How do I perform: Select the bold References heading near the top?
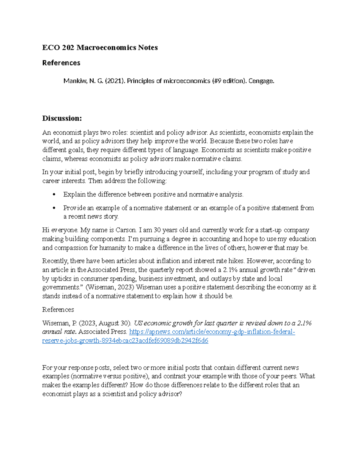[x=61, y=63]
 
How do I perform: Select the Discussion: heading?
[x=62, y=118]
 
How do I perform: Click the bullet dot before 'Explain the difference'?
[x=54, y=195]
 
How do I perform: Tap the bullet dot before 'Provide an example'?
[x=54, y=208]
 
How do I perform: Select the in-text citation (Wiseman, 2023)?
[x=110, y=287]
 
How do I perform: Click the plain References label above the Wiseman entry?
[x=58, y=310]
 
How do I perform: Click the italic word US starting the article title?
[x=138, y=323]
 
